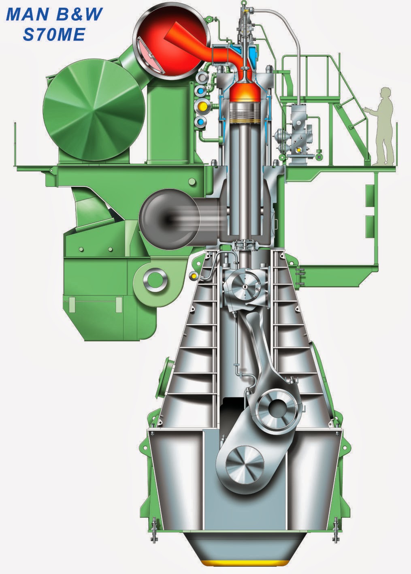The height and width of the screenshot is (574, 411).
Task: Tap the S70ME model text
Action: click(54, 34)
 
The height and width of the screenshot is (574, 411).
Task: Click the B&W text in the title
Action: click(79, 14)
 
